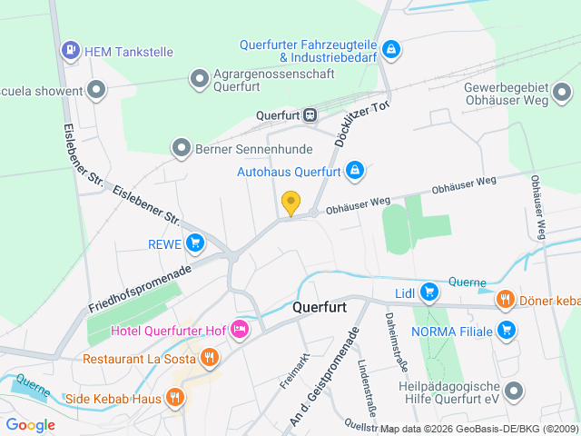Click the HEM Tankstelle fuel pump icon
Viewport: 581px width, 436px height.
point(70,52)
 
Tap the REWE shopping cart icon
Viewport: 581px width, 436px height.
point(194,243)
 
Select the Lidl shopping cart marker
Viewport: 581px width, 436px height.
point(428,292)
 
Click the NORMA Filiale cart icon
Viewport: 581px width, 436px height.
point(507,331)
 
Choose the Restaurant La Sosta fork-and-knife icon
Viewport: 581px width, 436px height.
point(210,358)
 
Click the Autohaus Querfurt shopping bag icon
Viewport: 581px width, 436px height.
point(355,170)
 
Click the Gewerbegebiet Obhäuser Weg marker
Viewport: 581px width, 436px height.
point(562,92)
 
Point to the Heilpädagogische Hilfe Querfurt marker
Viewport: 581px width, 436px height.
point(515,391)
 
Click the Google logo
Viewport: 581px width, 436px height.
point(31,424)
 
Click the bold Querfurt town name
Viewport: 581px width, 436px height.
point(320,307)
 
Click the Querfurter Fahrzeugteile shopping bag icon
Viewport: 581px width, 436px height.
point(390,48)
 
